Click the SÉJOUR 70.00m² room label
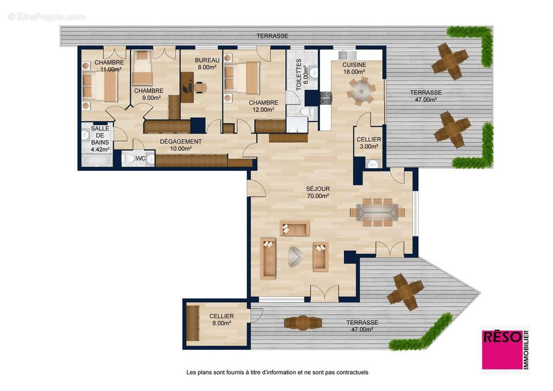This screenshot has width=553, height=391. [318, 192]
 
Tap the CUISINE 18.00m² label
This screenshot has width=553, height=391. [354, 68]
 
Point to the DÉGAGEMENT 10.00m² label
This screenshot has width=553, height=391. [180, 145]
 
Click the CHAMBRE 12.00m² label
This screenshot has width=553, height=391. [263, 106]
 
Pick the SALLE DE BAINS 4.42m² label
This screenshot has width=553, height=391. [100, 139]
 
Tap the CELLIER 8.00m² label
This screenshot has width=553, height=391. [221, 320]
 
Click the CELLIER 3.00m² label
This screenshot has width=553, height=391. [369, 143]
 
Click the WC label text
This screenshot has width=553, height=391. [140, 159]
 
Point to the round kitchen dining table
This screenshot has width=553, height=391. [361, 90]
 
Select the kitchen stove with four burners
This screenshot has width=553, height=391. [325, 98]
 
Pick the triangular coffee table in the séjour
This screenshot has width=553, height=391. [295, 256]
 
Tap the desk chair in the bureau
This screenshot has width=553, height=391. [199, 87]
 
